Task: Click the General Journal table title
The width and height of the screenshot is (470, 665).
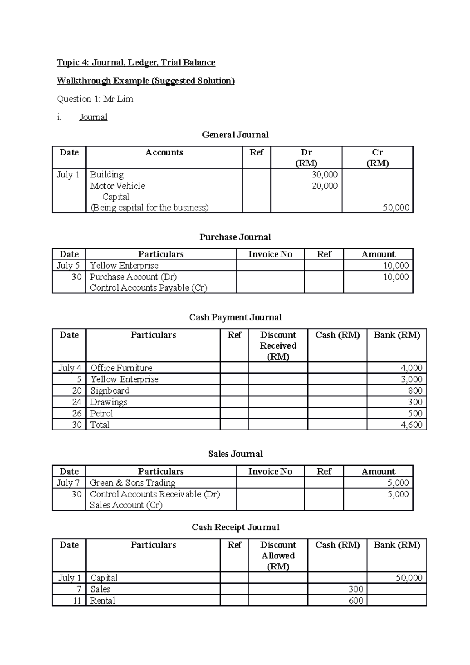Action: click(235, 135)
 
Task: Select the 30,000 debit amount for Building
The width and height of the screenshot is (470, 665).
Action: click(324, 175)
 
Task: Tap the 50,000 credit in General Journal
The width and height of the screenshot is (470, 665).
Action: click(396, 208)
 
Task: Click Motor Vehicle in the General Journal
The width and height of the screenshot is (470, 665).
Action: click(117, 186)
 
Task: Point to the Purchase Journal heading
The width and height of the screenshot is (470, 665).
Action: click(235, 237)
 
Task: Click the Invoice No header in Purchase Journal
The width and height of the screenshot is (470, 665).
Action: click(270, 254)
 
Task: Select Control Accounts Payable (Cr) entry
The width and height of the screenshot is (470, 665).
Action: click(148, 288)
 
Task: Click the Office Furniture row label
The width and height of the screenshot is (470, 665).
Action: click(121, 368)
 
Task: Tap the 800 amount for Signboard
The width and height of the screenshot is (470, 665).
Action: click(415, 390)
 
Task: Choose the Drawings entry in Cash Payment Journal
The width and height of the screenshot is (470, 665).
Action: click(108, 402)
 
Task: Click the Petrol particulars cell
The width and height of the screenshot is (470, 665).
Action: click(101, 413)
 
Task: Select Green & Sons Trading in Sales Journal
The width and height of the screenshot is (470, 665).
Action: click(132, 483)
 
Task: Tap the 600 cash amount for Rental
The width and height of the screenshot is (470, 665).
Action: click(356, 600)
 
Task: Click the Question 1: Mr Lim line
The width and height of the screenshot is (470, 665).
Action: click(95, 99)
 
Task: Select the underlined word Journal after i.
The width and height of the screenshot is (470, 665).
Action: click(93, 117)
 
